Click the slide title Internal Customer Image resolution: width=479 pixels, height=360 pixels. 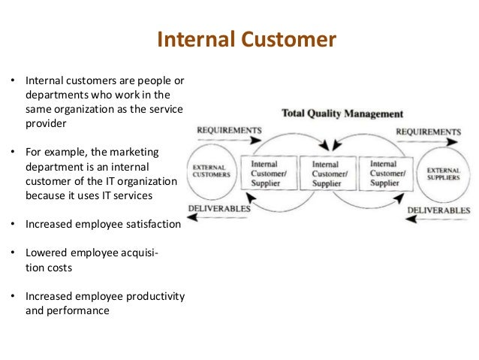pyautogui.click(x=246, y=39)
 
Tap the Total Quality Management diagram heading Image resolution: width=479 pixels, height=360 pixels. pyautogui.click(x=342, y=114)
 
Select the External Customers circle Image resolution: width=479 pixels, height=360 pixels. pyautogui.click(x=211, y=171)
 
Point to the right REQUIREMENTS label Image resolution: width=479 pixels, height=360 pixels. pyautogui.click(x=428, y=132)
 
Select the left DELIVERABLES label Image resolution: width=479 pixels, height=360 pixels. pyautogui.click(x=219, y=207)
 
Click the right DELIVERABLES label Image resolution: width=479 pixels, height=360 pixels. pyautogui.click(x=438, y=210)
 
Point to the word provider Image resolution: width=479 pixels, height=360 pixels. pyautogui.click(x=46, y=123)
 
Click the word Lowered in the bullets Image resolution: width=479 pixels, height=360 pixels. pyautogui.click(x=45, y=253)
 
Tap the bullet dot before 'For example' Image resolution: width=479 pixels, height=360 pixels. pyautogui.click(x=13, y=153)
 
